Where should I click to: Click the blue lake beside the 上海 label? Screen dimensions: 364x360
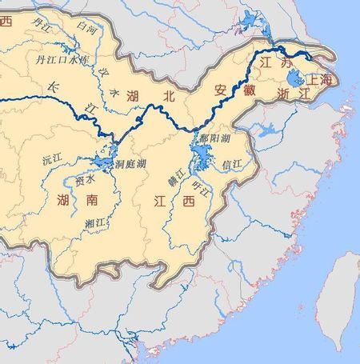[293, 78]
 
